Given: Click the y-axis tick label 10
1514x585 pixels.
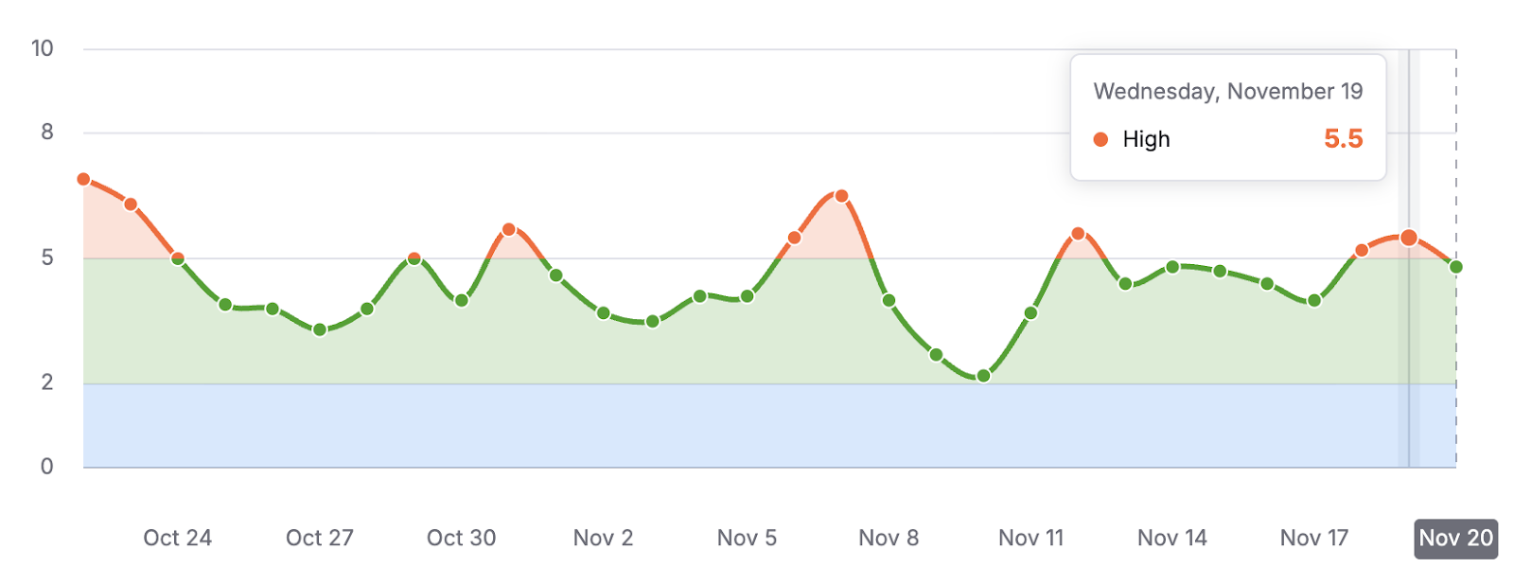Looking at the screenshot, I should [x=43, y=48].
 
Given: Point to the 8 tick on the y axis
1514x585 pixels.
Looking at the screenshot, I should [x=47, y=133].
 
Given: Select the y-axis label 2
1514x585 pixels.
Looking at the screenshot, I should [x=47, y=382].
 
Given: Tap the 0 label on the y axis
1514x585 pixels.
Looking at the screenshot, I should [x=47, y=466].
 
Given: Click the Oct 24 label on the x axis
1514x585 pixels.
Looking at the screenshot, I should [x=177, y=538].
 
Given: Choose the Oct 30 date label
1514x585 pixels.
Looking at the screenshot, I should [x=461, y=538].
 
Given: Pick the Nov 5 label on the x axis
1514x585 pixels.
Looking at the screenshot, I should [x=747, y=538].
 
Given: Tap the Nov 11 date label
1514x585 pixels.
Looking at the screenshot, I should [x=1030, y=538].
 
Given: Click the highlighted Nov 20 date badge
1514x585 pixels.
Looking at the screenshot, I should [x=1455, y=538].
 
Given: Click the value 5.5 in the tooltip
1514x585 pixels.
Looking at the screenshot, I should [x=1343, y=139].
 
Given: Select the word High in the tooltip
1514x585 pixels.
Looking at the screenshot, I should [x=1146, y=139].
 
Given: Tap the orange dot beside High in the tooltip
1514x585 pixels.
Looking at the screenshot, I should [x=1100, y=139].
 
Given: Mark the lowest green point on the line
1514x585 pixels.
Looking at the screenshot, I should [x=983, y=376].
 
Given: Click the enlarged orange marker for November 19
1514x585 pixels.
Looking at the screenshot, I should [x=1409, y=238].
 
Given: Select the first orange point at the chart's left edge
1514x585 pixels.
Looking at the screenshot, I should [x=83, y=179].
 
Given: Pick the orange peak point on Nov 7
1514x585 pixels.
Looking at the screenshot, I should [x=841, y=196].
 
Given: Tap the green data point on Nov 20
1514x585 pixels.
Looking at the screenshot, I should [x=1456, y=267].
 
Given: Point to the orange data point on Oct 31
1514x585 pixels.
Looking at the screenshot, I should [x=509, y=229].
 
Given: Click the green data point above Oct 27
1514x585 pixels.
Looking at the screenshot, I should [x=320, y=329].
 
